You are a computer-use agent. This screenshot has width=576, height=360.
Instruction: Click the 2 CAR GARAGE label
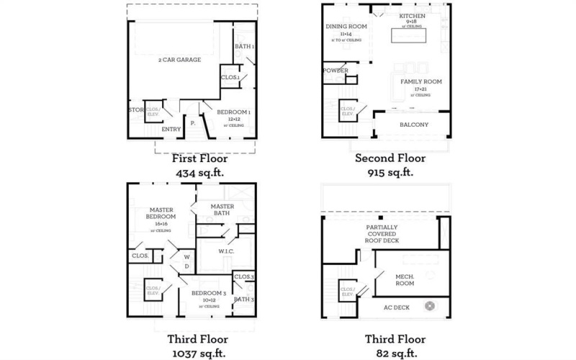tap(179, 60)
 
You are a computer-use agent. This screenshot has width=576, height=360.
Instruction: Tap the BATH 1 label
tap(245, 47)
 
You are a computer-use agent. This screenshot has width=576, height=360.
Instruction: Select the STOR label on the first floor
tap(135, 110)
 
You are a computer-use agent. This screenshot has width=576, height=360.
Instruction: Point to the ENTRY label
tap(171, 130)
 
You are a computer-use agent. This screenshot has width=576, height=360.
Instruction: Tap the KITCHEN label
tap(413, 16)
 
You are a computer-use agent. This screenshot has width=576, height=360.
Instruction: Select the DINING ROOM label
tap(346, 27)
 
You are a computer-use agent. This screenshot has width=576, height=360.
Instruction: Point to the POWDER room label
tap(336, 71)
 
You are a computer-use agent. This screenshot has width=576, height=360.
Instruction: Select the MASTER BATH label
tap(221, 210)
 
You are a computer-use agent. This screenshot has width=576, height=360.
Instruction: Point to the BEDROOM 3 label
tap(209, 293)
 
